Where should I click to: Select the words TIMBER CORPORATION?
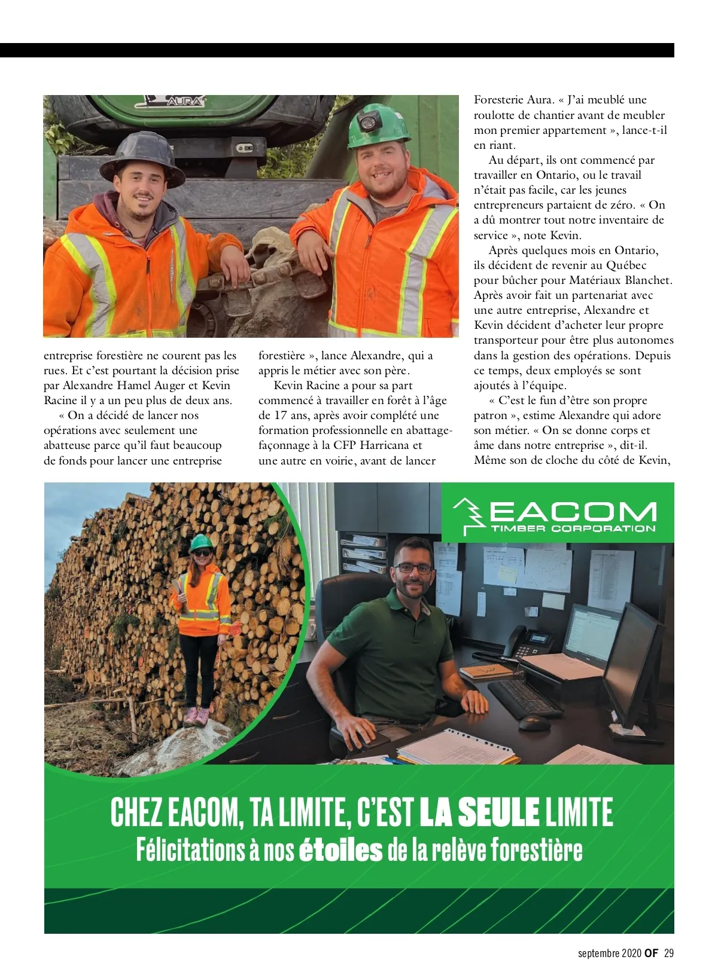(x=573, y=528)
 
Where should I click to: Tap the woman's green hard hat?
(x=202, y=542)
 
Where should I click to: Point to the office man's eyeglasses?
(x=413, y=569)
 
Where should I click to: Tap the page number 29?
(x=669, y=953)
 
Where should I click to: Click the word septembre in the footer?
(x=599, y=953)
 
